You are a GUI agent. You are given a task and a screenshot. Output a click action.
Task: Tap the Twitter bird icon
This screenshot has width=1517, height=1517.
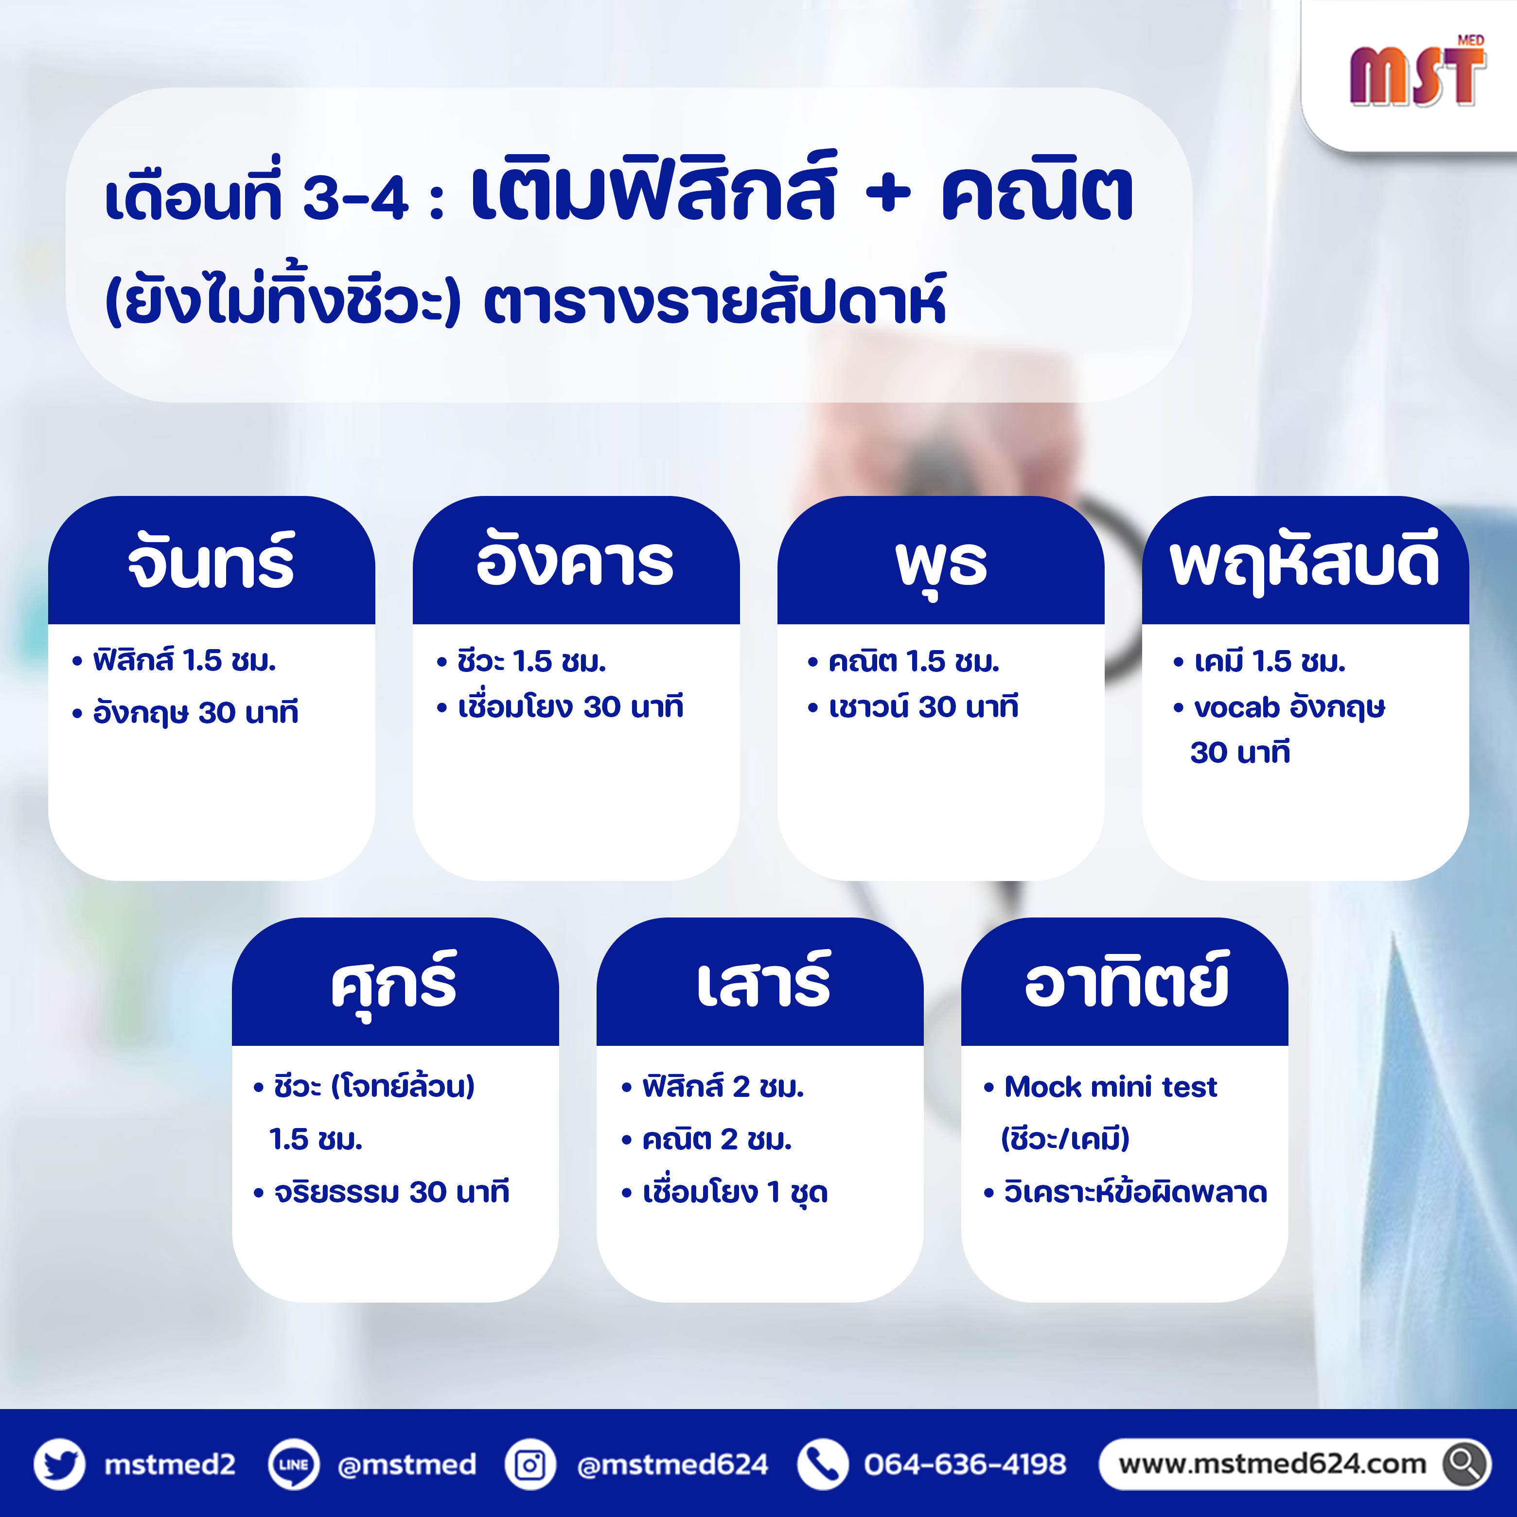coord(60,1464)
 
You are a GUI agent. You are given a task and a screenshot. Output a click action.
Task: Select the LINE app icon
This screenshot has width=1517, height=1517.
coord(294,1464)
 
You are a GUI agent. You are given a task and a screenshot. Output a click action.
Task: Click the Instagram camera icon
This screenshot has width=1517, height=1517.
coord(530,1464)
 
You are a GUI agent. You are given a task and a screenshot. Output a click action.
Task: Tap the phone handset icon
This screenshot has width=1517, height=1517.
coord(822,1464)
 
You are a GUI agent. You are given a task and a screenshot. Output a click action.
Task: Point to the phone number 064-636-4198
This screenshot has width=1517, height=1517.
coord(965,1464)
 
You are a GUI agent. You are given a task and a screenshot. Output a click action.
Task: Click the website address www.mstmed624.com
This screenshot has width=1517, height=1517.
coord(1272,1464)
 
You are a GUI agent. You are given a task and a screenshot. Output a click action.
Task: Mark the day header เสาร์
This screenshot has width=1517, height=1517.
coord(763,980)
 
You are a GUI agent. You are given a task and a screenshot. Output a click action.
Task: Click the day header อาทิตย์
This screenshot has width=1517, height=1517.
coord(1127,980)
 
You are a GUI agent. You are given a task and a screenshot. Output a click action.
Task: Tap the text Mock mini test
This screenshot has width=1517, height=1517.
coord(1110,1087)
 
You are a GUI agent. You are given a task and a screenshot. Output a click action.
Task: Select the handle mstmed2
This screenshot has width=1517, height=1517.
coord(170,1464)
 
